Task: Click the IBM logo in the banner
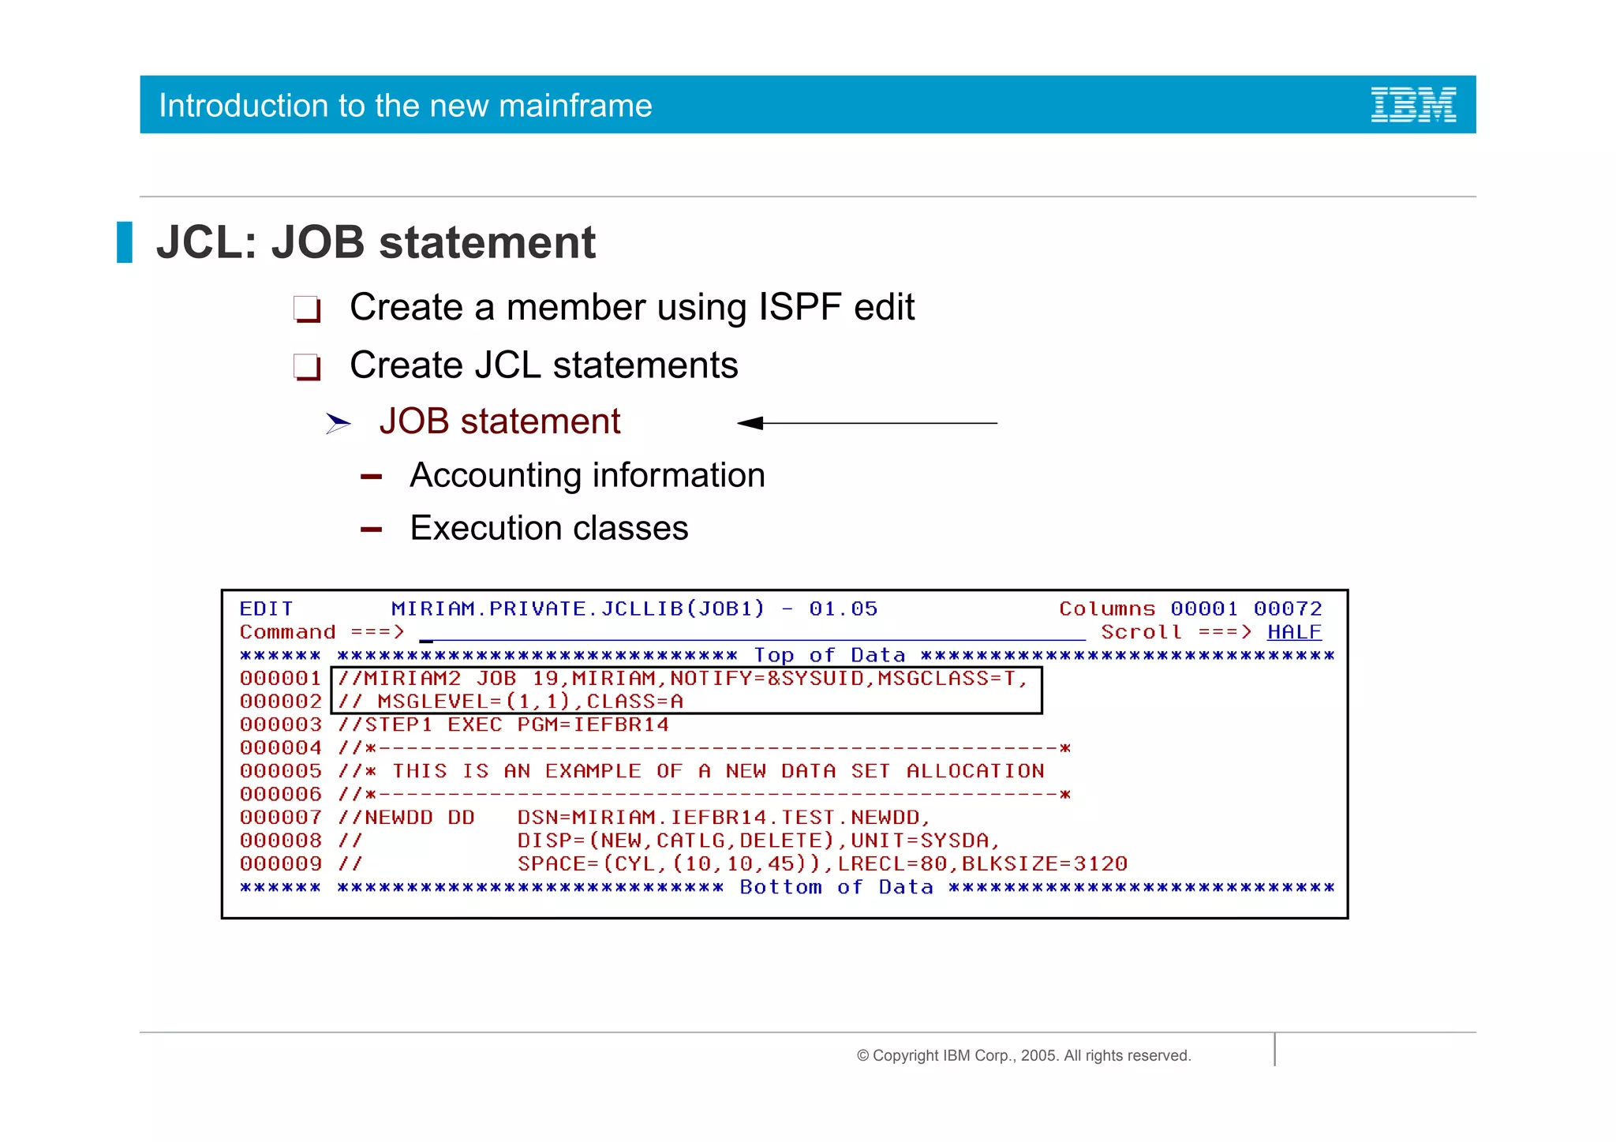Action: [1413, 105]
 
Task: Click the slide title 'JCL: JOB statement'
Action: [376, 242]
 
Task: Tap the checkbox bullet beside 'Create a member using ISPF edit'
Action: [306, 309]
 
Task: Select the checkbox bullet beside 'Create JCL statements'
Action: [306, 367]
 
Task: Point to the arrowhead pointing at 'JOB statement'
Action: [750, 423]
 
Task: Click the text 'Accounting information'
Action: [587, 475]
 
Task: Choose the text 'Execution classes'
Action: [548, 528]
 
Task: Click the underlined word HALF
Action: [1294, 632]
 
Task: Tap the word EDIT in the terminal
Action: [266, 608]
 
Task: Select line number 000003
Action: [280, 725]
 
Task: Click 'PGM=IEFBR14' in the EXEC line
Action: [593, 725]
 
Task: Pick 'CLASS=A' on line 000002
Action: [634, 702]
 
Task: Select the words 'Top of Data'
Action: [829, 655]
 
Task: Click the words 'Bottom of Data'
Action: [836, 887]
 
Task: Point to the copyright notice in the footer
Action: [1023, 1055]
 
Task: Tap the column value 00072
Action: [1287, 608]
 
